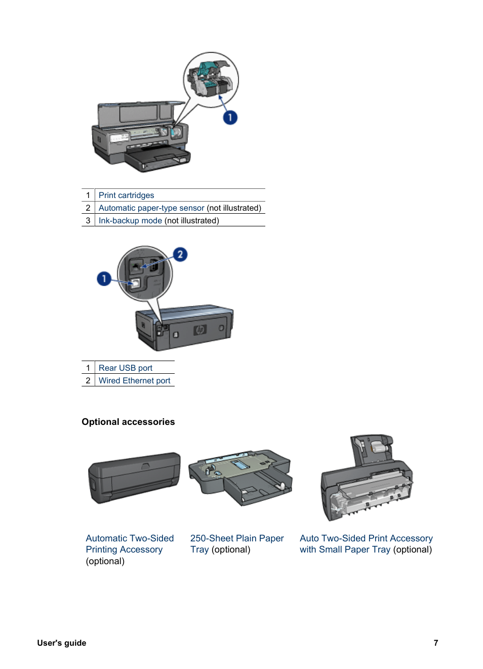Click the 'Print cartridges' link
click(x=126, y=195)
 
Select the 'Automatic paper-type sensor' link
click(x=151, y=208)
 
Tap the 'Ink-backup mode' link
click(x=130, y=220)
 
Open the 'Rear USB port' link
click(x=126, y=368)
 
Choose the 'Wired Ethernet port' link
click(x=134, y=380)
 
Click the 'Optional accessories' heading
click(x=129, y=422)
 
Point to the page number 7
click(x=436, y=643)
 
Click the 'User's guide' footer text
click(x=61, y=643)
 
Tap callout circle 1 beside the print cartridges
click(x=230, y=117)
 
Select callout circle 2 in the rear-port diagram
click(x=180, y=254)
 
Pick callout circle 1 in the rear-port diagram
click(x=104, y=279)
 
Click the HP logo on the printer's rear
click(x=200, y=330)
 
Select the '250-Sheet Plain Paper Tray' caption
click(x=237, y=544)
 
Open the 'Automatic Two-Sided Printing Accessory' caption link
click(x=130, y=544)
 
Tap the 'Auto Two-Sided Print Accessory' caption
click(x=366, y=538)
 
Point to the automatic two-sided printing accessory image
click(x=135, y=478)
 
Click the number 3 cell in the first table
click(x=88, y=220)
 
